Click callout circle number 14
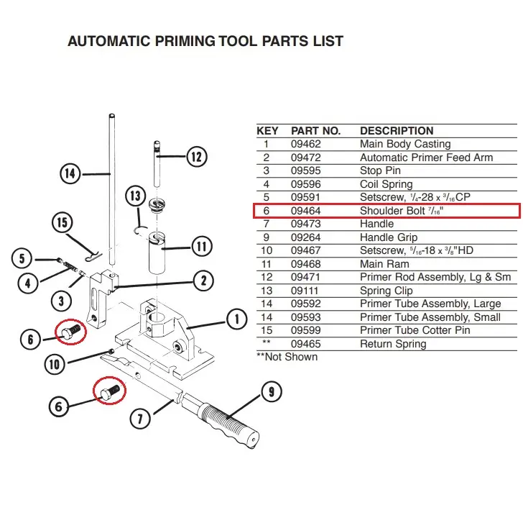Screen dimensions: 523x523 [x=70, y=173]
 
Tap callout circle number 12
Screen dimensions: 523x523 [x=197, y=156]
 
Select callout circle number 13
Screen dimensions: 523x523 [x=135, y=195]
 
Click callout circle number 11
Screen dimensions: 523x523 [x=202, y=247]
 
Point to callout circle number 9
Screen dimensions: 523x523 [x=271, y=393]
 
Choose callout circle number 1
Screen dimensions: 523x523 [x=235, y=318]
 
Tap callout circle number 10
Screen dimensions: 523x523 [x=55, y=364]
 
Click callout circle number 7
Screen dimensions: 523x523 [x=142, y=417]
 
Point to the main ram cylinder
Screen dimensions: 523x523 [x=164, y=252]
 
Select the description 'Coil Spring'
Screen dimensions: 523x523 [x=387, y=184]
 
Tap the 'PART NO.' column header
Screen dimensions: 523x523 [x=315, y=131]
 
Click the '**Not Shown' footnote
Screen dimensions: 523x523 [x=287, y=357]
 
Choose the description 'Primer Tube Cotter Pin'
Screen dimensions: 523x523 [x=415, y=330]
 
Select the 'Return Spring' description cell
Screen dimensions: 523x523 [x=393, y=344]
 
